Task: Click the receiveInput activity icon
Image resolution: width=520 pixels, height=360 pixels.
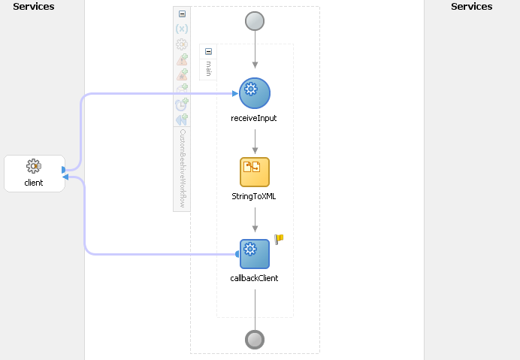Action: (255, 93)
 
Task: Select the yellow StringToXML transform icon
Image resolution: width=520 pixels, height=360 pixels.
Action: (255, 172)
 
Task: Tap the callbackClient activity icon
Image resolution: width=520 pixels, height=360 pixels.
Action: (255, 254)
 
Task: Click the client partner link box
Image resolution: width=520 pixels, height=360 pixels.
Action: (34, 173)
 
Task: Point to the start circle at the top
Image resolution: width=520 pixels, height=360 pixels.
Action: (255, 21)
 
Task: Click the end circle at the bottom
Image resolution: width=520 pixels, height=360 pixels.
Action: (255, 340)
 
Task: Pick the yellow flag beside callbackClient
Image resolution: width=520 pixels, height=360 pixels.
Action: (279, 239)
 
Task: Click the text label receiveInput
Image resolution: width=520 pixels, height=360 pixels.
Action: (254, 118)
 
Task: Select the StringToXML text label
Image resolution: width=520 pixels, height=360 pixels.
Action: (254, 196)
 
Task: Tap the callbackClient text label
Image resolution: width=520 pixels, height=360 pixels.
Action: (254, 278)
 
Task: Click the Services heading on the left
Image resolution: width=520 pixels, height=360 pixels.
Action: (34, 7)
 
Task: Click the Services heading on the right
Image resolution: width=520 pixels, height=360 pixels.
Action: (471, 7)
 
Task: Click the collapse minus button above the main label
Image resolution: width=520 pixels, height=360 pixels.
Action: (208, 52)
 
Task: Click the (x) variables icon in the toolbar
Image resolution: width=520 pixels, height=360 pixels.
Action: (182, 29)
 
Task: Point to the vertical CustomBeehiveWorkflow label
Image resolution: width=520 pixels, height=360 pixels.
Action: (182, 167)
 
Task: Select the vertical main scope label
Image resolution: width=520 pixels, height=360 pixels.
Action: (208, 69)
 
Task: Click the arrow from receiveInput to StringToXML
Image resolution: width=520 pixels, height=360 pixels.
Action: (255, 141)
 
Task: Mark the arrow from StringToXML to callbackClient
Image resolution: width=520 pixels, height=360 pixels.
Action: (255, 220)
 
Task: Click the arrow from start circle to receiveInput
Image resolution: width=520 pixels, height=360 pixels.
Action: (255, 53)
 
